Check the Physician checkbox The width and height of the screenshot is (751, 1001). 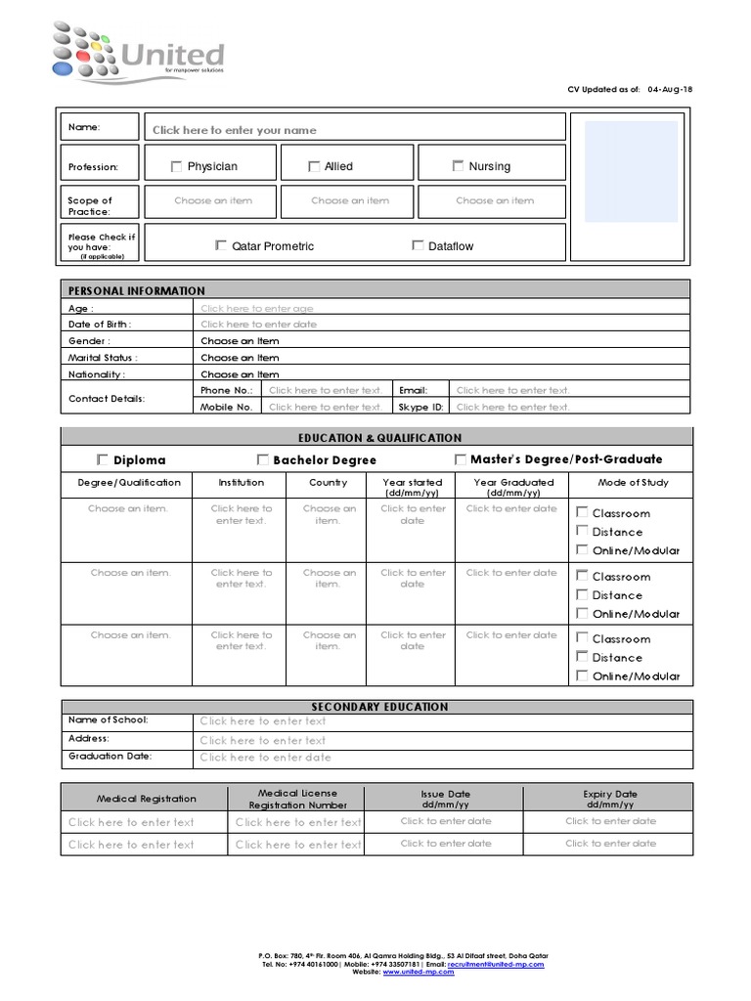176,166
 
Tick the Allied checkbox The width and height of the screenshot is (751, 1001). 314,166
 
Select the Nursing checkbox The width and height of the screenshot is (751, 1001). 458,166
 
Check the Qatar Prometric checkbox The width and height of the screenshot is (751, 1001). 221,245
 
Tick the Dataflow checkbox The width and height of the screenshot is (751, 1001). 418,245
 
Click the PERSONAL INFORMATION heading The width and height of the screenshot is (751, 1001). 137,290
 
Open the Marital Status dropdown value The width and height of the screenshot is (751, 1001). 241,358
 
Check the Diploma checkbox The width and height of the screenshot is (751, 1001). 103,459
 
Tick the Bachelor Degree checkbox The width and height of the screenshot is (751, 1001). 263,459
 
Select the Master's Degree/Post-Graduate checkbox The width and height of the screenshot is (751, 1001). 461,459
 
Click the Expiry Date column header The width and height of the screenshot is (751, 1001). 610,799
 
